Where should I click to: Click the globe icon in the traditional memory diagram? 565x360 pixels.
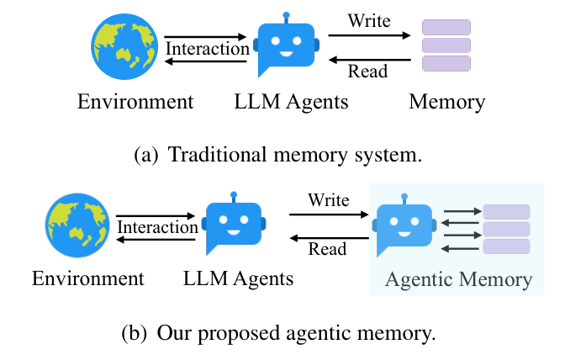coord(124,48)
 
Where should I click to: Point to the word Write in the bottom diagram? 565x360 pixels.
coord(328,199)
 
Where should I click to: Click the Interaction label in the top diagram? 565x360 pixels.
coord(207,48)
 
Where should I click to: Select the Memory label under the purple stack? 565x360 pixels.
coord(446,103)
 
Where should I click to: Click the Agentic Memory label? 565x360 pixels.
coord(458,279)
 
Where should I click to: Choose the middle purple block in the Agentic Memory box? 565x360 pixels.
coord(505,228)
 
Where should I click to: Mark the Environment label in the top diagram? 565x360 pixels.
coord(135,103)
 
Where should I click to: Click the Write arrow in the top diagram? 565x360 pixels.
coord(369,36)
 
